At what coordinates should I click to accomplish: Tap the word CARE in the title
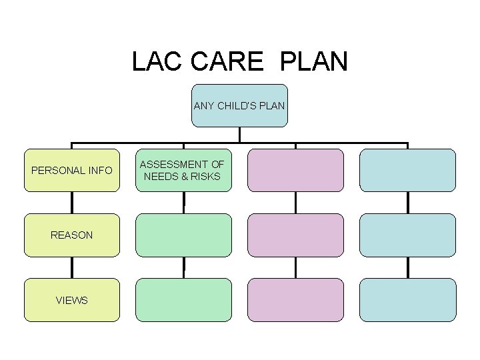click(227, 61)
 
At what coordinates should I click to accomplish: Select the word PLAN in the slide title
click(314, 61)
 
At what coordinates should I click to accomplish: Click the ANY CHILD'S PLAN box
click(239, 105)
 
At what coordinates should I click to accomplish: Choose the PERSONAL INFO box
click(72, 170)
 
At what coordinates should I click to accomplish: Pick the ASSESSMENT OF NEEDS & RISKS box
click(184, 170)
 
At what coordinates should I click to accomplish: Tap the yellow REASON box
click(72, 235)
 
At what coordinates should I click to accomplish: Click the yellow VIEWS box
click(72, 300)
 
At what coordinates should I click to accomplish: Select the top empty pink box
click(296, 170)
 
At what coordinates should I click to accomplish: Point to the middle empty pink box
click(296, 235)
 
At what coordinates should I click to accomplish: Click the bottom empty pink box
click(296, 300)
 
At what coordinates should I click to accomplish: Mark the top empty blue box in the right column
click(407, 170)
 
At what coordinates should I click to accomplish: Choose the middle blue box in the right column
click(407, 235)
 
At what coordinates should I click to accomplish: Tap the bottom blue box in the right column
click(407, 300)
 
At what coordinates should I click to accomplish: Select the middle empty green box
click(184, 235)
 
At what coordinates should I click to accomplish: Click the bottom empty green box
click(184, 300)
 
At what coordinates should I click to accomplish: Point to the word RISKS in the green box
click(207, 177)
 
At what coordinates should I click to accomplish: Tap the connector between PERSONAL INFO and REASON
click(72, 203)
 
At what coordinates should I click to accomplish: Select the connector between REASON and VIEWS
click(72, 267)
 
